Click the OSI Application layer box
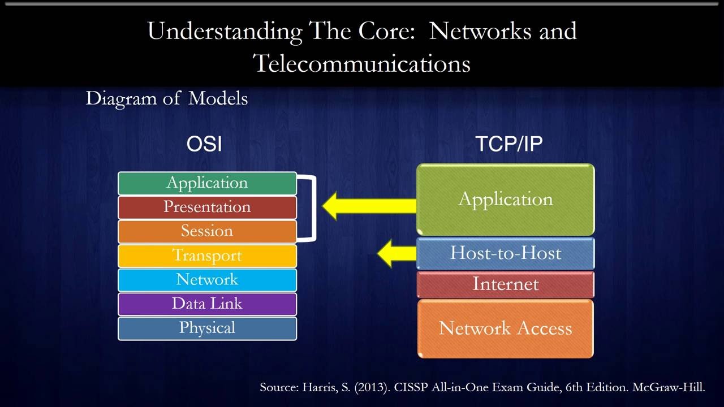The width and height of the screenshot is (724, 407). tap(207, 183)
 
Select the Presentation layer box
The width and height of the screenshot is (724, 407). tap(207, 207)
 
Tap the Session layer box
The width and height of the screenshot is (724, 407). tap(207, 231)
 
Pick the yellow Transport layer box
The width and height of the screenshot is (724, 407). tap(207, 256)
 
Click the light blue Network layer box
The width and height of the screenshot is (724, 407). tap(207, 280)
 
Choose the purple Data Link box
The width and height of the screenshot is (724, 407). tap(207, 304)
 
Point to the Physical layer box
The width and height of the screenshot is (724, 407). tap(207, 328)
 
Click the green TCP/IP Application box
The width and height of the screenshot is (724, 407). tap(505, 200)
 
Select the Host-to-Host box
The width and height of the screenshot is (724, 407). tap(505, 253)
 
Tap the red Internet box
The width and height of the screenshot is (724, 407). tap(505, 284)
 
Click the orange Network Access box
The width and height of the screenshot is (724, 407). tap(505, 328)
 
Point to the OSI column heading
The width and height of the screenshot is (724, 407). tap(204, 145)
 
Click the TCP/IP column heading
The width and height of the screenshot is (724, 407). tap(508, 145)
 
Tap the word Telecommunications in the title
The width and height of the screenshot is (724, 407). tap(362, 63)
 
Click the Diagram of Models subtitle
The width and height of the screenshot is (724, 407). tap(167, 98)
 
